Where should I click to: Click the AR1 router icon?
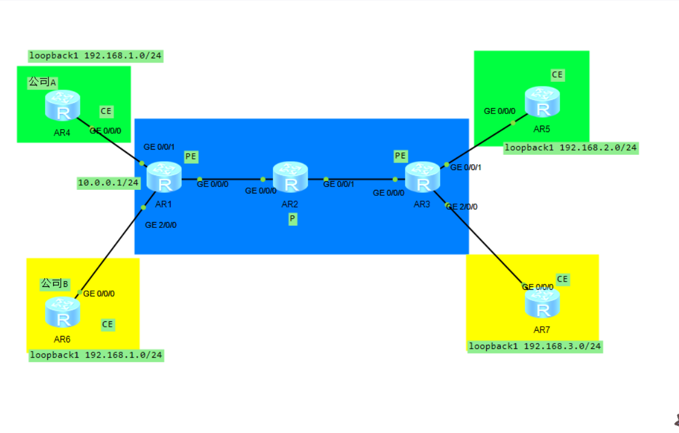[164, 177]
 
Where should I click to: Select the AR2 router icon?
[290, 177]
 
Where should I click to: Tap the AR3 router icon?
[422, 177]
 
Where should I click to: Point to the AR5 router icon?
[542, 102]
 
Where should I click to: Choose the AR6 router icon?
[62, 312]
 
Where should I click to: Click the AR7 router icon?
[542, 302]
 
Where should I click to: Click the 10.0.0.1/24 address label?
[109, 183]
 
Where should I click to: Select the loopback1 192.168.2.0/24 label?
[570, 147]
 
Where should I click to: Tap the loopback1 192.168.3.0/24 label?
[535, 346]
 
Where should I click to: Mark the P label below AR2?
[292, 219]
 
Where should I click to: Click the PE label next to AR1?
[191, 156]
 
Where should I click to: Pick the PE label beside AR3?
[400, 155]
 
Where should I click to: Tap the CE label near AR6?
[108, 324]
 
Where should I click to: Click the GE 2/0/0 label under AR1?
[161, 224]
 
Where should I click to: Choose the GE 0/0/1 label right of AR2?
[338, 184]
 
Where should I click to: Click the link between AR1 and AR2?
[231, 179]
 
